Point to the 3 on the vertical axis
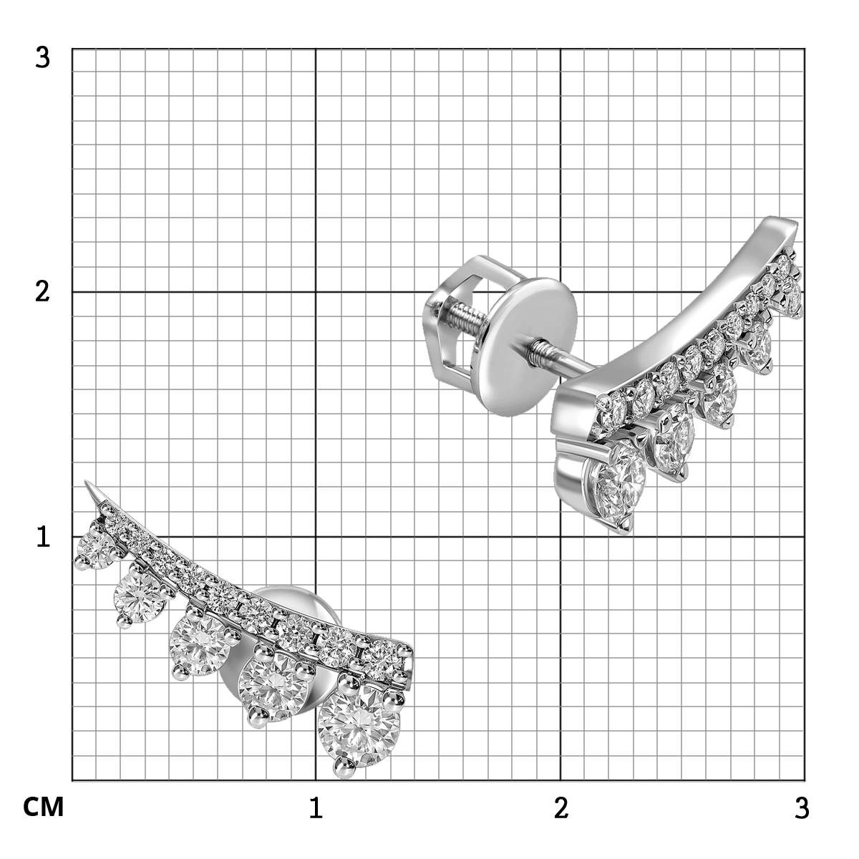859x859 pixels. (x=42, y=58)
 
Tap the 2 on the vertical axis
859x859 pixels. (x=42, y=293)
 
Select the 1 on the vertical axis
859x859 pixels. (x=43, y=537)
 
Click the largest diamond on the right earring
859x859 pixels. (x=617, y=486)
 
